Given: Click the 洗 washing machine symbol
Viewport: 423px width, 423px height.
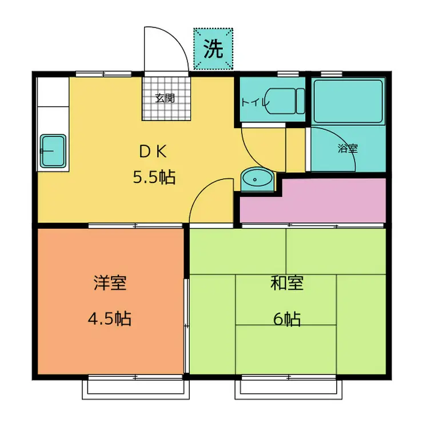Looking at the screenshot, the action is (213, 49).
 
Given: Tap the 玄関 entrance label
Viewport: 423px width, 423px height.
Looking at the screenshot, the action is (165, 98).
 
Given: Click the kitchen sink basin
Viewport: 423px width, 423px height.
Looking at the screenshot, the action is (53, 151).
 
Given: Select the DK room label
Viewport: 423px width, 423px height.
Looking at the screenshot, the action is (153, 151).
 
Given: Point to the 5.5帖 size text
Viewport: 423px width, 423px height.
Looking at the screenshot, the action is (154, 177).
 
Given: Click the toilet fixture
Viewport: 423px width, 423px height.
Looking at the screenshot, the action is (285, 101).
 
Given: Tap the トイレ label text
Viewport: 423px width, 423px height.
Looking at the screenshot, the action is (255, 102).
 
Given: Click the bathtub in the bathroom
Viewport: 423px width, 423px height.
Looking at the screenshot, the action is (348, 101).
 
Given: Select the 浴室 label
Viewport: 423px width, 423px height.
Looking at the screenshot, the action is (348, 148).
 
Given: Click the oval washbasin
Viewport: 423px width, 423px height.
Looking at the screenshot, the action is (257, 179).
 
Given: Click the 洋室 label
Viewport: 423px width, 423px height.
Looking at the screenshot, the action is (110, 282).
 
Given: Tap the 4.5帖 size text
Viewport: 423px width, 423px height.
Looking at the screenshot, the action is (110, 318).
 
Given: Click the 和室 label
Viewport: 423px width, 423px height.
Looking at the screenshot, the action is (287, 282).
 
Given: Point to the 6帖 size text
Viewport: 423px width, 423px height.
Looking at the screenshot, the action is (287, 319).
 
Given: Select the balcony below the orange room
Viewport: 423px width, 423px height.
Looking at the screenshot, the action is (135, 389).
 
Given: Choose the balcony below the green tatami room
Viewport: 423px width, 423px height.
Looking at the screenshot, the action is (289, 389).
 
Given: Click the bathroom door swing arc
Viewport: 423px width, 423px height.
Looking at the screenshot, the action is (342, 139).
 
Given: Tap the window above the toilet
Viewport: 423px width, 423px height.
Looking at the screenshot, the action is (288, 74).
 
